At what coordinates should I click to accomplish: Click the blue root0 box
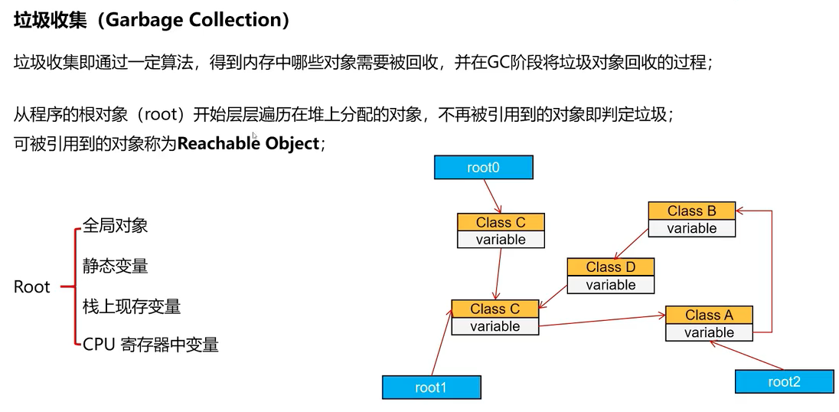[x=483, y=167]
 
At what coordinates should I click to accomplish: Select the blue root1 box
[x=431, y=387]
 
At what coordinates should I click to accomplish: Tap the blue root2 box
[x=784, y=381]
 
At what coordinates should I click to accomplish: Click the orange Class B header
[x=691, y=211]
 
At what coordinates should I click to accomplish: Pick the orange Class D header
[x=611, y=266]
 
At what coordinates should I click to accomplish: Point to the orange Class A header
[x=709, y=315]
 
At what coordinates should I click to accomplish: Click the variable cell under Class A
[x=709, y=332]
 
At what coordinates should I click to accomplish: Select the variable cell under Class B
[x=691, y=228]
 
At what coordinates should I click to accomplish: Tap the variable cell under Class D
[x=611, y=285]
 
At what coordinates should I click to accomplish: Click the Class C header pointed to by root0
[x=501, y=222]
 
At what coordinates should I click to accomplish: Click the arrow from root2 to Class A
[x=746, y=355]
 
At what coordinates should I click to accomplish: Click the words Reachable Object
[x=247, y=144]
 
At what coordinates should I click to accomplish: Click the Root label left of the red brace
[x=32, y=287]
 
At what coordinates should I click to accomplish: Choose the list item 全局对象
[x=115, y=225]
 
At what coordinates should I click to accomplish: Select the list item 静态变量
[x=115, y=266]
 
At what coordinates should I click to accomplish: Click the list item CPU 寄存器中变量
[x=151, y=345]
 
